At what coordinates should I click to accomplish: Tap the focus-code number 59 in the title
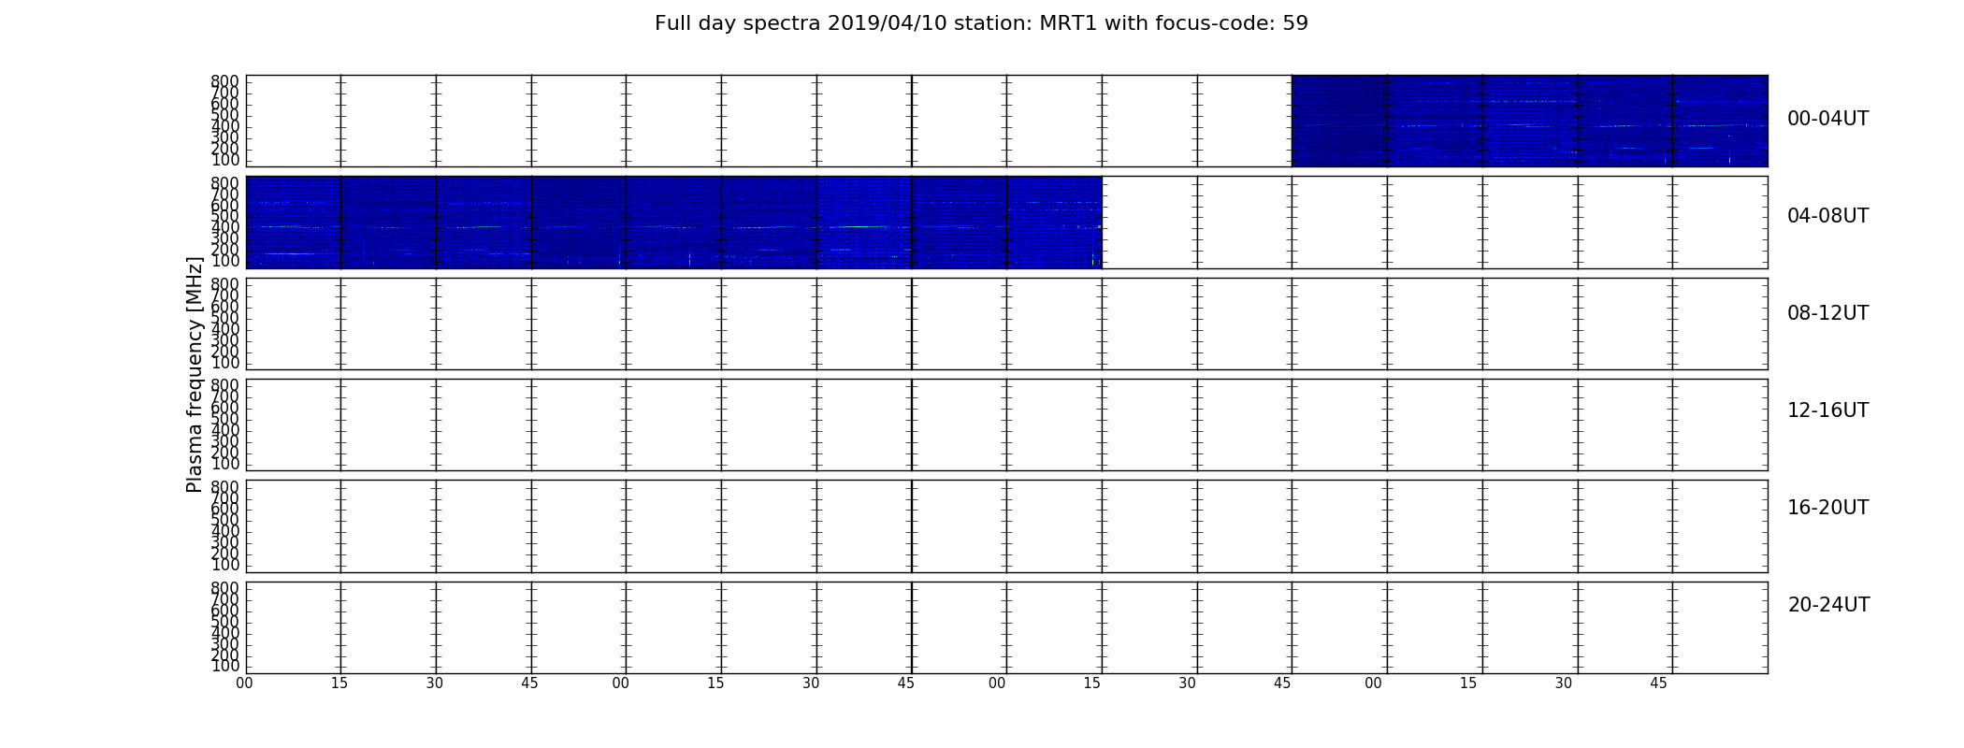(1295, 23)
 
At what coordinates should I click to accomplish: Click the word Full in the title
(673, 23)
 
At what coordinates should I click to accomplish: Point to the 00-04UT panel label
(1828, 119)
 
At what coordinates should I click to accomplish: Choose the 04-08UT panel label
(1828, 216)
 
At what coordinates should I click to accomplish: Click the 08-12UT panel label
(1828, 313)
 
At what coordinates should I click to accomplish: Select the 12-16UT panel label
(1828, 410)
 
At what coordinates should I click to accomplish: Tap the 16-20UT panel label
(1828, 508)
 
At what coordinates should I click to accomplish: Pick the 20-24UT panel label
(1828, 605)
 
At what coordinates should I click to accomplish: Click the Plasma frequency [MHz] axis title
(195, 374)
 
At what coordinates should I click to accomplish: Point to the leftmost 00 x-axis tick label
(245, 683)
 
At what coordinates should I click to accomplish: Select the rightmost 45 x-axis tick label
(1658, 683)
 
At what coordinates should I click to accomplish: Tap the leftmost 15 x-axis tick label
(339, 683)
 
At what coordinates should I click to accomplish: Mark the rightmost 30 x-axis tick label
(1564, 683)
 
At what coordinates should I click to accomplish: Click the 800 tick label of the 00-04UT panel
(224, 81)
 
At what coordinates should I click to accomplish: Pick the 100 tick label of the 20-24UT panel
(224, 666)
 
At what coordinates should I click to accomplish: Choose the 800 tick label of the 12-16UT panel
(224, 384)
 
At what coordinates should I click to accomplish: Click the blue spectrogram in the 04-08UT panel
(674, 223)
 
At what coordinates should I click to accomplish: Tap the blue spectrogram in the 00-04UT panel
(1529, 121)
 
